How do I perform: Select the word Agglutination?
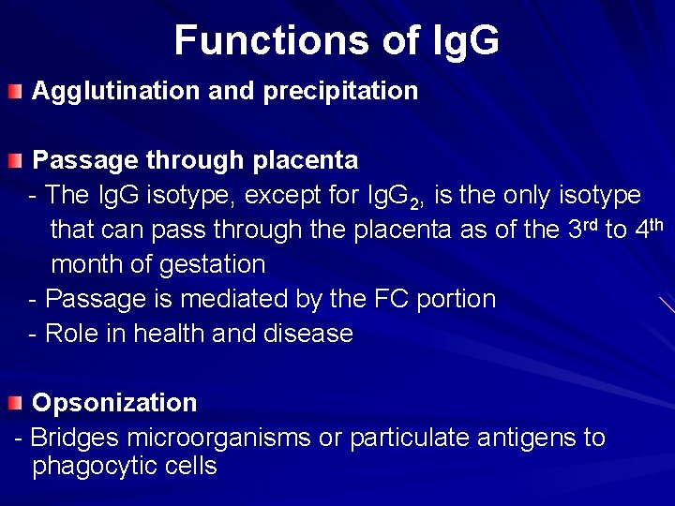coord(113,91)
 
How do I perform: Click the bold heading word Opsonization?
coord(114,403)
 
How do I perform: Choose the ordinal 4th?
coord(648,230)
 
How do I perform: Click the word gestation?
coord(211,264)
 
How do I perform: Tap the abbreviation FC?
coord(389,299)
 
